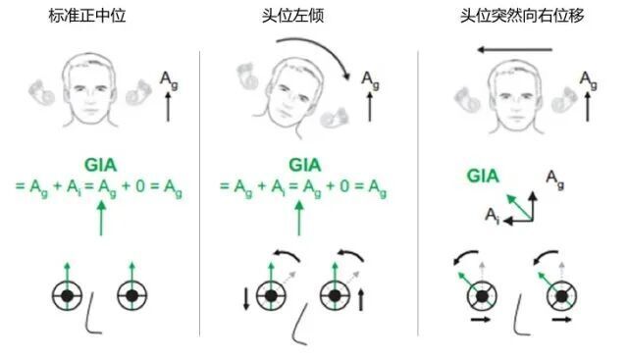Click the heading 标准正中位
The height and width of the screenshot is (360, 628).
(87, 16)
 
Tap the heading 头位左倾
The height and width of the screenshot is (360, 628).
(292, 16)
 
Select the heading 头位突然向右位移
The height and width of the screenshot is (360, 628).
(522, 16)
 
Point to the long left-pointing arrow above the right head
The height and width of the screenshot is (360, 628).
(514, 50)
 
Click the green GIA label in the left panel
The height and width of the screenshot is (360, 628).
(100, 165)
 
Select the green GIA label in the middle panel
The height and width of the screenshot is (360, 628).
(305, 165)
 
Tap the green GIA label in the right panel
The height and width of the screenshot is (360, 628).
(483, 177)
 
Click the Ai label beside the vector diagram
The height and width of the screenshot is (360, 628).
(493, 216)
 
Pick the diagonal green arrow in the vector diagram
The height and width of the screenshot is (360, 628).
(519, 207)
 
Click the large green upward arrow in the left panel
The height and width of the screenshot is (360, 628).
(101, 218)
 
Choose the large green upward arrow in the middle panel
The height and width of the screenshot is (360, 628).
(298, 218)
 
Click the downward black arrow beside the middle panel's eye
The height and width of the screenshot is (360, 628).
(246, 298)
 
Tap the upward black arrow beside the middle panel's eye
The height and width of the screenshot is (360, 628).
(361, 300)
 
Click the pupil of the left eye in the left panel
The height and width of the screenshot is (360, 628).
(68, 296)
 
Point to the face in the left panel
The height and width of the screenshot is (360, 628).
(90, 91)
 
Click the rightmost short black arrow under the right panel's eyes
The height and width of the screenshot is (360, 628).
(561, 320)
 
